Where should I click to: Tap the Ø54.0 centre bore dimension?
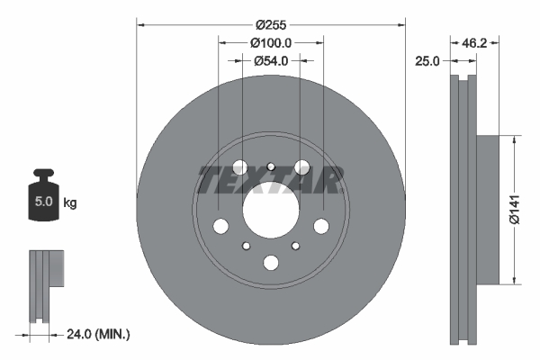point(270,61)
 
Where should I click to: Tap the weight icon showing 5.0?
point(42,199)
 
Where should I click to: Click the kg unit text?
point(69,203)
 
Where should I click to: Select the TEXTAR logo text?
point(270,180)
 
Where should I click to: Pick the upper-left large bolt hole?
point(239,167)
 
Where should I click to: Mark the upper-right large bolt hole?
point(301,167)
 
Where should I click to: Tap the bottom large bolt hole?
point(270,263)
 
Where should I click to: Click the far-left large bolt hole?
point(220,226)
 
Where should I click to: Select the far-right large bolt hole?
point(320,226)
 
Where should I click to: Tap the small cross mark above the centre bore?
point(270,165)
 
